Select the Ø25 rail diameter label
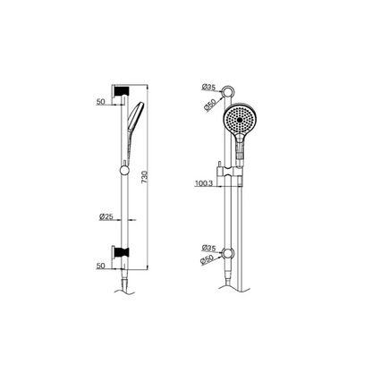pos(106,216)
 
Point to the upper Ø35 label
pos(208,87)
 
